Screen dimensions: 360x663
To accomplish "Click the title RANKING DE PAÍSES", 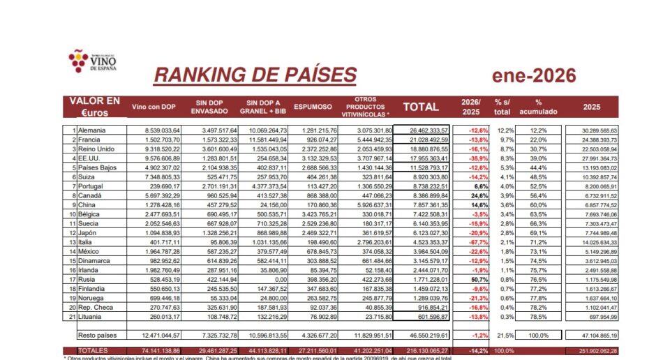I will [255, 75].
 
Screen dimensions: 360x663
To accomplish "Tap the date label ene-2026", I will [534, 75].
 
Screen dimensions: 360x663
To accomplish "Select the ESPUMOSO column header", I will [313, 107].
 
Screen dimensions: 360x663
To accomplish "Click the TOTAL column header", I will [422, 107].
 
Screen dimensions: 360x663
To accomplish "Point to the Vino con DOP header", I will [154, 107].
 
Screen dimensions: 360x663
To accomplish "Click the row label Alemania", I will [92, 130].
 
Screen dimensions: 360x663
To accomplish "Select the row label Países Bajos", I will [98, 168].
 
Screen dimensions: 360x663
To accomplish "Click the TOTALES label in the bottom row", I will [94, 350].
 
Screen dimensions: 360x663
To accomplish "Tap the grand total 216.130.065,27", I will [424, 350].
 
